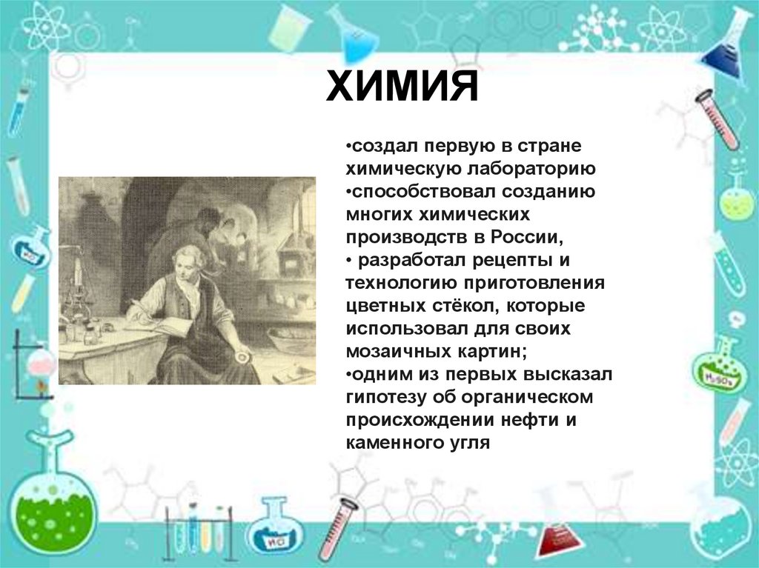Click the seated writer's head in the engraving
[x=185, y=259]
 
